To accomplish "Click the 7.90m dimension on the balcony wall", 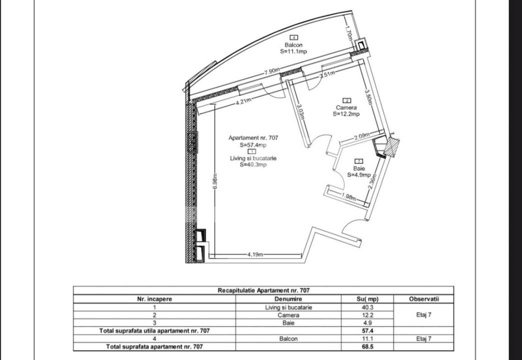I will click(x=272, y=73).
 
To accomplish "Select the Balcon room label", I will click(x=293, y=45).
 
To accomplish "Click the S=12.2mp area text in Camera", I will click(x=346, y=114).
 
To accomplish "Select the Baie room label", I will click(x=359, y=168).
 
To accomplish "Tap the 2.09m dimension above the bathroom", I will click(x=361, y=136).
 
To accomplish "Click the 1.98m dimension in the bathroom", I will click(x=348, y=196).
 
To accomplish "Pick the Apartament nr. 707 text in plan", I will click(x=253, y=138).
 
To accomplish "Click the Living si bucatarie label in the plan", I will click(x=253, y=158).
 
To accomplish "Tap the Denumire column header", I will click(x=288, y=299).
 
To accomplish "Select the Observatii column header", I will click(x=423, y=299).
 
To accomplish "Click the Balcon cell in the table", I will click(x=288, y=338).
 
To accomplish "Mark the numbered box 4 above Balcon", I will click(x=294, y=37).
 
